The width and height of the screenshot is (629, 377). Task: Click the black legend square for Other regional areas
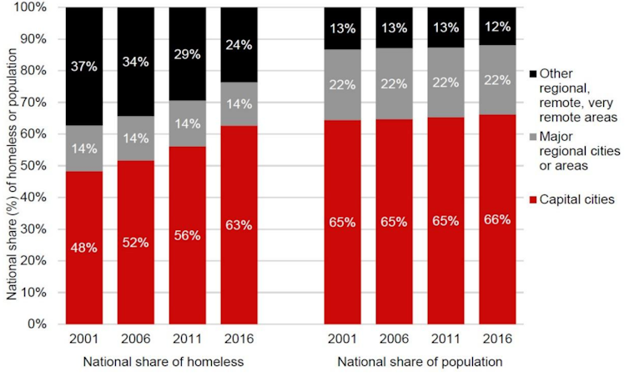(x=533, y=74)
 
